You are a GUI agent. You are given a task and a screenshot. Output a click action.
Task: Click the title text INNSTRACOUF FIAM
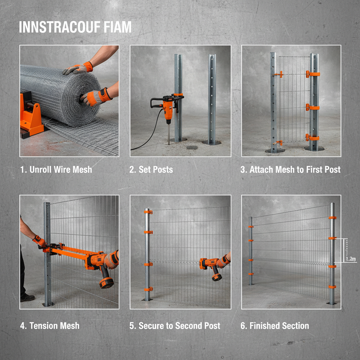coord(75,27)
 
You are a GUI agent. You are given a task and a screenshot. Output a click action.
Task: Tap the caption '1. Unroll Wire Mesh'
coord(56,169)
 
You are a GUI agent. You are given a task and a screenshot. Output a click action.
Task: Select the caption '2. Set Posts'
coord(151,169)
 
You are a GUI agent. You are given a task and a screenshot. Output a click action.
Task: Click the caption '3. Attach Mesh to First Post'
coord(290,169)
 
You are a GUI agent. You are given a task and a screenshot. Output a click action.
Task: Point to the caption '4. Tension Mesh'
coord(50,326)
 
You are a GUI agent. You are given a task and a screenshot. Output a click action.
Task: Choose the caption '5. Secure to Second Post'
coord(175,326)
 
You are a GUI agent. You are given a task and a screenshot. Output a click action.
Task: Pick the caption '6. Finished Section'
coord(275,326)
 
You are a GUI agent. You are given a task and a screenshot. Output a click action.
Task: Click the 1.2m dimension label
coord(351,259)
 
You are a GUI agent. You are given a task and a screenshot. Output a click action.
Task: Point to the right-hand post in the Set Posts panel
coord(212,98)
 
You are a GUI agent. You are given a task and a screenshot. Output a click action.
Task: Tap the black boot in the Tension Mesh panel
coord(27,298)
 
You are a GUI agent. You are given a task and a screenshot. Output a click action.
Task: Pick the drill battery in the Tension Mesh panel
coord(107,282)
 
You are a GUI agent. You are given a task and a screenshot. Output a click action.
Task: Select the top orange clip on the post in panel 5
coord(148,212)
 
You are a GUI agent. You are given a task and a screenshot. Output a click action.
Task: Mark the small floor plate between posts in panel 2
coord(192,147)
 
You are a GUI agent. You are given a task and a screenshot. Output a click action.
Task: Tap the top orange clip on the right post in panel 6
coord(332,218)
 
